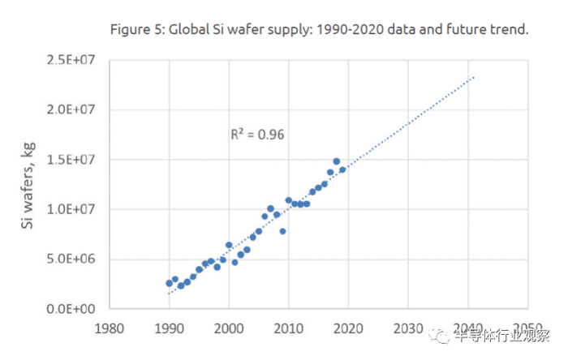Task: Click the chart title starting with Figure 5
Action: [x=319, y=30]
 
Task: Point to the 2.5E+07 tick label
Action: [x=75, y=60]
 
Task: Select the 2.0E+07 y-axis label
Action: [x=75, y=109]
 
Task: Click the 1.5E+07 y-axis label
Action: [x=75, y=160]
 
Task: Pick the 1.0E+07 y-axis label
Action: [x=75, y=209]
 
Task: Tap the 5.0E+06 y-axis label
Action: [x=75, y=259]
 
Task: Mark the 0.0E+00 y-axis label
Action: [x=75, y=309]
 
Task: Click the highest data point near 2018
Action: [x=336, y=161]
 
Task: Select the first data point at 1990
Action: [x=169, y=283]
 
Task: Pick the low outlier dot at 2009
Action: [x=282, y=231]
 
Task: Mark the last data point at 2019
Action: [x=342, y=169]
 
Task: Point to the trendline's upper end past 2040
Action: [x=474, y=78]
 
